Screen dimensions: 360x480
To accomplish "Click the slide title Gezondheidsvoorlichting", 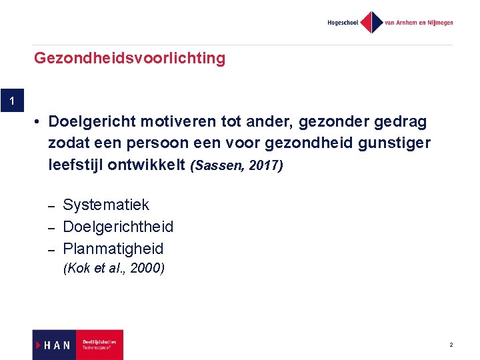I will (129, 59).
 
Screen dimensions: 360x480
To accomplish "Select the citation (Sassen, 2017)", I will (237, 165).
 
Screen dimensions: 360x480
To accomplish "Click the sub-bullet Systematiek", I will (106, 205).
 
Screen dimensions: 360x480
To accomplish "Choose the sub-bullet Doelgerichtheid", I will (118, 227).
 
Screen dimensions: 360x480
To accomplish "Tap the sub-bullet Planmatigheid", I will (113, 249).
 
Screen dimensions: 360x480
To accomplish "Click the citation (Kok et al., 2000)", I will (113, 269).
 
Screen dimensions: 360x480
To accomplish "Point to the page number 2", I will (451, 345).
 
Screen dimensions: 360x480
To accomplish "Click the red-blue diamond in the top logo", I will (371, 23).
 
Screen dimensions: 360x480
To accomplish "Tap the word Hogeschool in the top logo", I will (343, 23).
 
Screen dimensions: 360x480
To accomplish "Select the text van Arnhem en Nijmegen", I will (419, 23).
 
